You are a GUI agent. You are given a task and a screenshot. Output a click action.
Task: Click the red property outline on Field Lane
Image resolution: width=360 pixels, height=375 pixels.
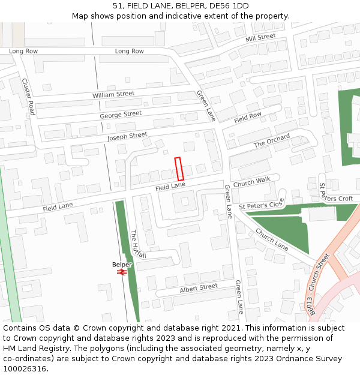[178, 169]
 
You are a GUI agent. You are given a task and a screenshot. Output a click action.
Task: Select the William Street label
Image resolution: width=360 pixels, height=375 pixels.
[113, 95]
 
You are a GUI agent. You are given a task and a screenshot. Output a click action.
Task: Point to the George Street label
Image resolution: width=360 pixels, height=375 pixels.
[121, 114]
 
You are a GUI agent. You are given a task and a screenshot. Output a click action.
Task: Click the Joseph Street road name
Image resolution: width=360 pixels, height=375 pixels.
[127, 137]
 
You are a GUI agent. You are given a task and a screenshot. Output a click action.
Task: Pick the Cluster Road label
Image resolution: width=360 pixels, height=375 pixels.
[28, 97]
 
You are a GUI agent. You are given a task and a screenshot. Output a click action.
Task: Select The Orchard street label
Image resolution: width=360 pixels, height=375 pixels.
[271, 141]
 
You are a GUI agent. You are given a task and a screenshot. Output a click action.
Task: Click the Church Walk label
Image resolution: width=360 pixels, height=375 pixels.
[251, 182]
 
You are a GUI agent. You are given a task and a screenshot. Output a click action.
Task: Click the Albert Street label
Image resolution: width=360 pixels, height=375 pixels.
[199, 288]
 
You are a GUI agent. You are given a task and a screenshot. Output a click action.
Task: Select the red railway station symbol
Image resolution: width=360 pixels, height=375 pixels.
[122, 272]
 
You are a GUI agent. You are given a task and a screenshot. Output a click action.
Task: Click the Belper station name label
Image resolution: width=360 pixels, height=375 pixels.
[122, 264]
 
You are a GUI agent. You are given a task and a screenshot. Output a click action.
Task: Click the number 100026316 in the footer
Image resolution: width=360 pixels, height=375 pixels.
[24, 369]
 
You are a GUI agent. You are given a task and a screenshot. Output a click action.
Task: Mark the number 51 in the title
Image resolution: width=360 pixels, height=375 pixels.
[117, 5]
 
